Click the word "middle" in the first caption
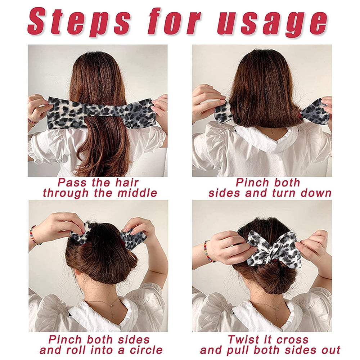click(x=137, y=193)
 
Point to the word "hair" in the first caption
click(x=127, y=183)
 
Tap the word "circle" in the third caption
click(x=146, y=350)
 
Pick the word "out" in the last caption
click(x=330, y=350)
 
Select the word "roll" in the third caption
click(x=78, y=350)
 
